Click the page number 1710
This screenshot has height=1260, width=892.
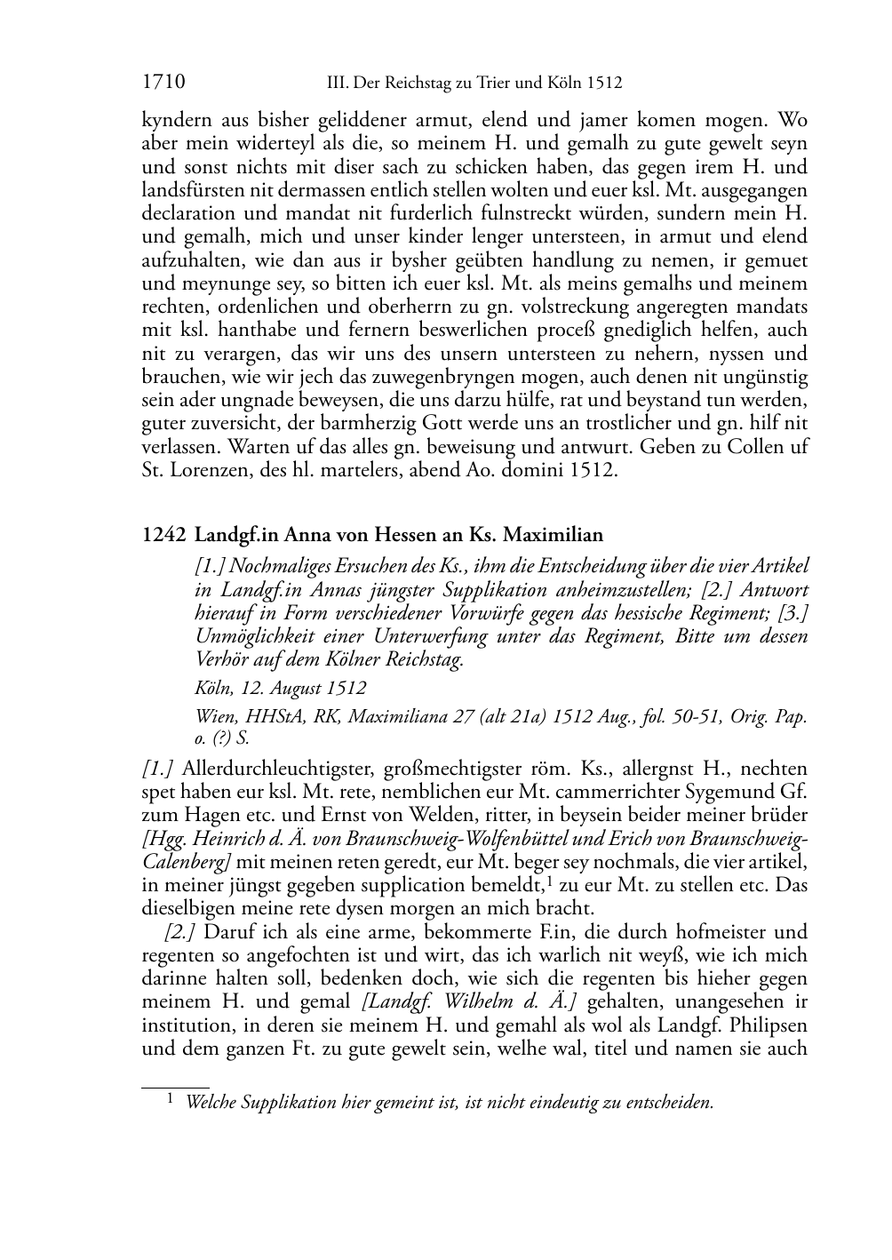pyautogui.click(x=163, y=84)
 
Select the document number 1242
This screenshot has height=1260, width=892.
pyautogui.click(x=163, y=535)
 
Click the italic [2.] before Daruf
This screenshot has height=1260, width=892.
pyautogui.click(x=180, y=932)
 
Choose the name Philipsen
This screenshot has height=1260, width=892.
pyautogui.click(x=766, y=1025)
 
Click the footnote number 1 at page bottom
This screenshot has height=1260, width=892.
pyautogui.click(x=171, y=1100)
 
